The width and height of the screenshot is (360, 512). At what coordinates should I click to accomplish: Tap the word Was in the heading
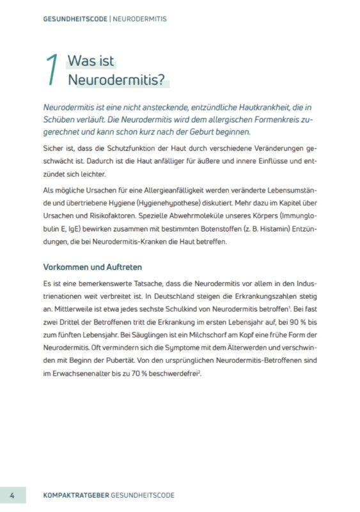(81, 62)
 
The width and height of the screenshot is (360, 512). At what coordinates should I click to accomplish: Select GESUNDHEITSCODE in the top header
(76, 19)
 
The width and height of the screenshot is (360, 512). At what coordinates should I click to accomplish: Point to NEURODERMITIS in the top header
(140, 19)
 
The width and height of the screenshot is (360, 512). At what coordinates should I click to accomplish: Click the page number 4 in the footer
(13, 495)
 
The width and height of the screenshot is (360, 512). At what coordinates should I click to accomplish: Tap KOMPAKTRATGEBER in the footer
(75, 495)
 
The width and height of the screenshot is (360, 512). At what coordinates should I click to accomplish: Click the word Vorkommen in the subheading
(66, 266)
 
